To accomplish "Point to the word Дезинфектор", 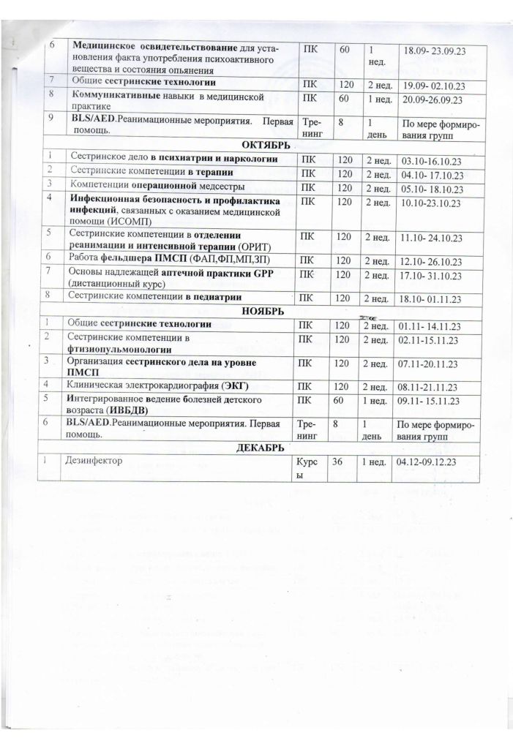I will click(94, 462).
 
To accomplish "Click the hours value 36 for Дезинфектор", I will click(338, 462).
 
